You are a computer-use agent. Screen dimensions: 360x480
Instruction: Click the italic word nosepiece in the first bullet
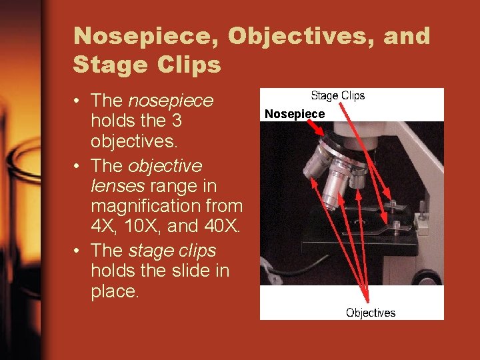click(171, 101)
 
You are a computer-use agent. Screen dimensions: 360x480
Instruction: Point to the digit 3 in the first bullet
click(175, 122)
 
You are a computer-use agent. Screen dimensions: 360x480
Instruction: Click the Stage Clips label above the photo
click(338, 96)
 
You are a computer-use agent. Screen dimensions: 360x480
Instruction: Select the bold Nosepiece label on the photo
click(295, 114)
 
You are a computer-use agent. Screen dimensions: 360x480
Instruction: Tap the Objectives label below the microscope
click(371, 313)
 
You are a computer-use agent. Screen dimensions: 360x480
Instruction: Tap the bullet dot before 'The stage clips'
click(79, 251)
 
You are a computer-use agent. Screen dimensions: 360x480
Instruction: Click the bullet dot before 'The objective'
click(79, 165)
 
